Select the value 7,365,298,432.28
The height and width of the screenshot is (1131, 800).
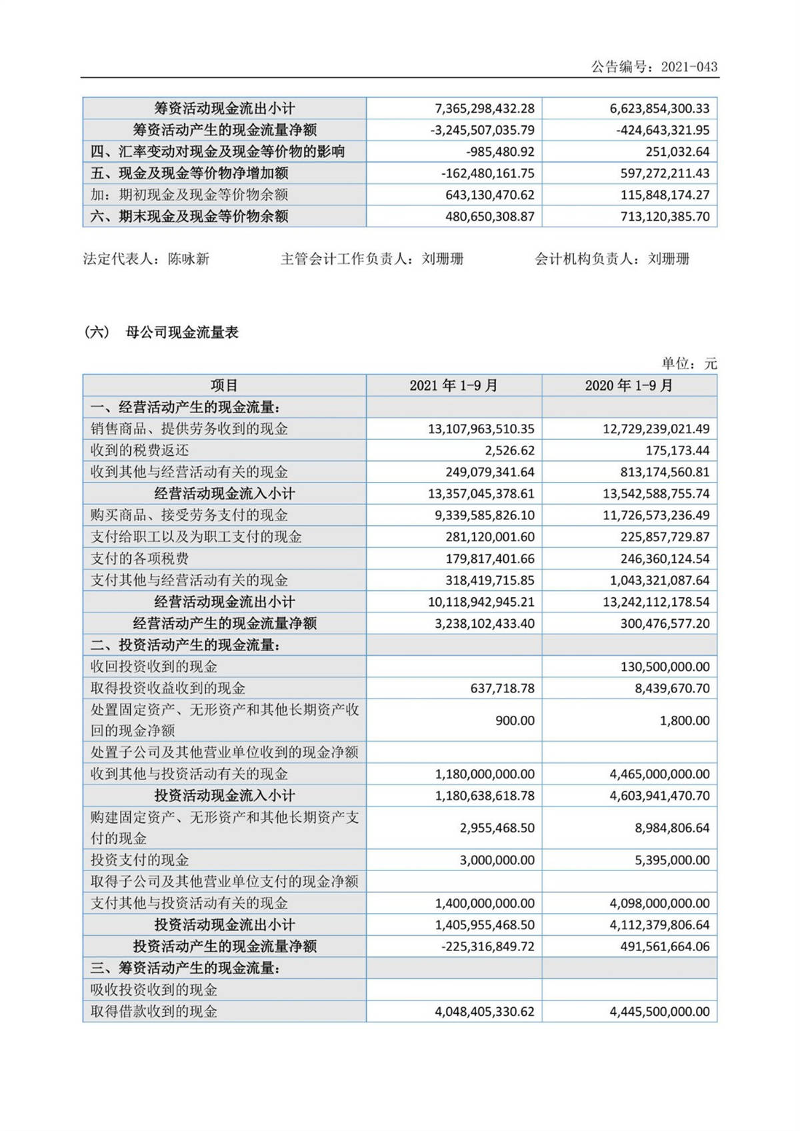point(484,109)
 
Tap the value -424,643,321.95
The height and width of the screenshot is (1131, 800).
point(663,130)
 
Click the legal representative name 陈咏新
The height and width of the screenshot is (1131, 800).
point(189,259)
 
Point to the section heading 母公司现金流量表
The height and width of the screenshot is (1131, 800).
point(181,332)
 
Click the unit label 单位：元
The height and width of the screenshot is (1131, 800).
point(689,363)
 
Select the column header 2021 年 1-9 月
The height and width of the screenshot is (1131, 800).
point(453,386)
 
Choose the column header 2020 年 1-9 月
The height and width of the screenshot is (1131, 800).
point(629,386)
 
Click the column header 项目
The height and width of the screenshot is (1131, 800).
point(224,386)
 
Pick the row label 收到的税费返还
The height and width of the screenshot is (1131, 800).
point(140,451)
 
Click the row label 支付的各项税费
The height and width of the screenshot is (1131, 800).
point(140,559)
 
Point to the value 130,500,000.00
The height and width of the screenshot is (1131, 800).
point(665,666)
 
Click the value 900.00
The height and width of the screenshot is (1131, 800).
point(515,720)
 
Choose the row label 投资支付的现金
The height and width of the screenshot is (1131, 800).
point(140,860)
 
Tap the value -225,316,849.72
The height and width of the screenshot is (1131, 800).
point(487,946)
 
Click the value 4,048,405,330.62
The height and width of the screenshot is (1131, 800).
point(484,1011)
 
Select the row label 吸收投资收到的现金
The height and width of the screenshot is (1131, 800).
point(154,990)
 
